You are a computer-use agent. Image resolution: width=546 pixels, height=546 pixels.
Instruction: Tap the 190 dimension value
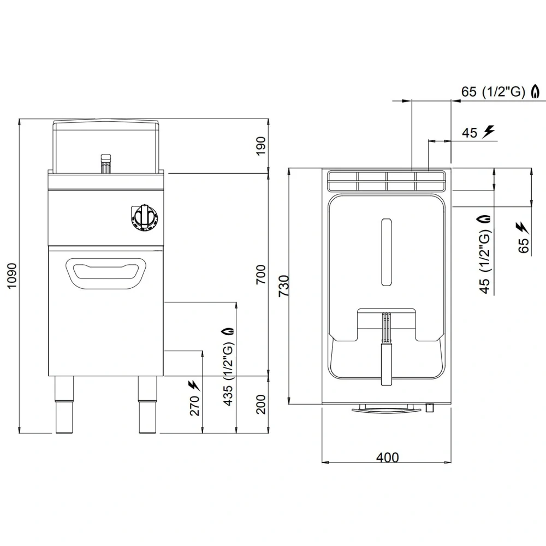tap(261, 145)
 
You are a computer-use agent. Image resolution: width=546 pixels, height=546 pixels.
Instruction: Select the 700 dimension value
tap(261, 274)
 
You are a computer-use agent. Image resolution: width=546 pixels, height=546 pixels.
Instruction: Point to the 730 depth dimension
tap(283, 286)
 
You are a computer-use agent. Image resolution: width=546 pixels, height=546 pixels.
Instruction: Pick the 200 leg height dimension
tap(261, 404)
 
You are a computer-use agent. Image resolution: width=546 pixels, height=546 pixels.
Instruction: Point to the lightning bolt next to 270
tap(193, 385)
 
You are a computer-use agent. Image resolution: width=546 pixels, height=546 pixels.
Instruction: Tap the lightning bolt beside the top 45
tap(489, 131)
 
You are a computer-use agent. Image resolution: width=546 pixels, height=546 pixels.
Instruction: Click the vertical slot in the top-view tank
tap(386, 252)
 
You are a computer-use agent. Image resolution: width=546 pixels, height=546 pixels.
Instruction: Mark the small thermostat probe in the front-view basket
tap(106, 163)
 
